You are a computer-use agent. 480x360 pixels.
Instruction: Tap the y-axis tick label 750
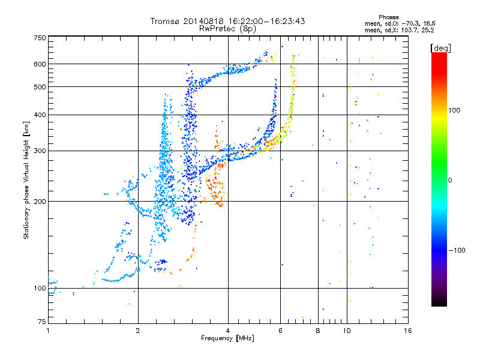pos(40,38)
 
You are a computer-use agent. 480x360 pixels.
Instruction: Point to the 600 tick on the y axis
pos(40,64)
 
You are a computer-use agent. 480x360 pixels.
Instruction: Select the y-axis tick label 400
pos(40,115)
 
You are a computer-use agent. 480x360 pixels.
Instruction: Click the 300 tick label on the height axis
pos(40,151)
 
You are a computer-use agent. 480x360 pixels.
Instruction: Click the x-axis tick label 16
pos(408,330)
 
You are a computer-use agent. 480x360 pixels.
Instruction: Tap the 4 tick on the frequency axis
pos(229,330)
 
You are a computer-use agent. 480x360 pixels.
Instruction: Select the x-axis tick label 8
pos(318,330)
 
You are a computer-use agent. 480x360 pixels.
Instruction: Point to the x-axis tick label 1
pos(48,330)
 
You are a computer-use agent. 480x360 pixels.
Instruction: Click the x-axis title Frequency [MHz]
pos(228,338)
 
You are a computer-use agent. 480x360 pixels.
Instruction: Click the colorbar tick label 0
pos(452,180)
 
